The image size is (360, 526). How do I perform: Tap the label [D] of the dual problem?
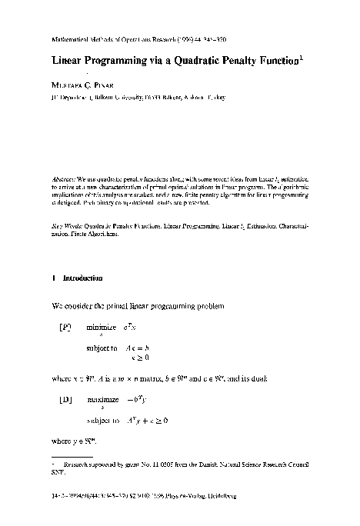[x=66, y=401]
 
